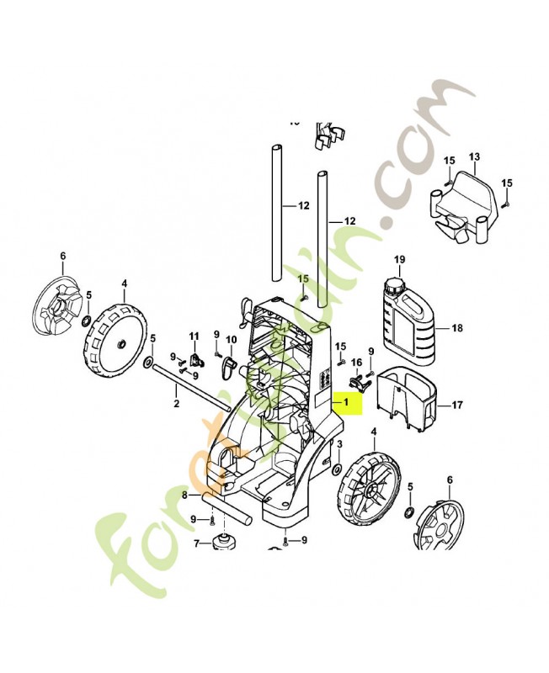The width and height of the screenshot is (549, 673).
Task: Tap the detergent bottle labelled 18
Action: coord(407,325)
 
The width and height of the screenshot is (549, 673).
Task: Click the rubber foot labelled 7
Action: coord(224,541)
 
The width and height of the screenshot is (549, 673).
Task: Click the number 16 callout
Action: coord(356,362)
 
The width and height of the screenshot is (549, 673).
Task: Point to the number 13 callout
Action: coord(473,157)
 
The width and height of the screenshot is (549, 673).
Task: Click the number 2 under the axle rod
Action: coord(176,405)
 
